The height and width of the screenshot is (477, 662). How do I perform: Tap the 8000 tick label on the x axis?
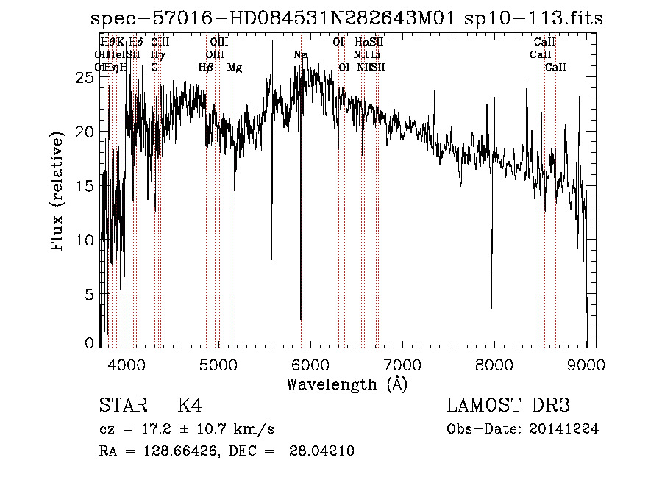[x=494, y=363]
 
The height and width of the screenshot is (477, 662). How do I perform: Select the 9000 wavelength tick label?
[x=586, y=363]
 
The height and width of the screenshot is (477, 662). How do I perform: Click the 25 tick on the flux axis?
[x=87, y=78]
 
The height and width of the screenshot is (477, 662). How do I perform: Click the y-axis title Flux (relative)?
[x=57, y=191]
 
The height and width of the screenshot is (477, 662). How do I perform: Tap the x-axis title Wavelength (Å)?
[x=346, y=384]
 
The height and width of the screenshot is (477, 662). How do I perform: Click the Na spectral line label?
[x=300, y=55]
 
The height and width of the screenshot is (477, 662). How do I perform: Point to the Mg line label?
[x=235, y=68]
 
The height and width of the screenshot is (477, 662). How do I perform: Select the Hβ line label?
[x=206, y=68]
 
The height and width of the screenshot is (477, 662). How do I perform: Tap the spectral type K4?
[x=190, y=406]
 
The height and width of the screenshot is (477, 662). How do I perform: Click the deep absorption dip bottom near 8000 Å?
[x=491, y=308]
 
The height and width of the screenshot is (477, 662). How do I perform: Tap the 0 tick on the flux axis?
[x=90, y=343]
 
